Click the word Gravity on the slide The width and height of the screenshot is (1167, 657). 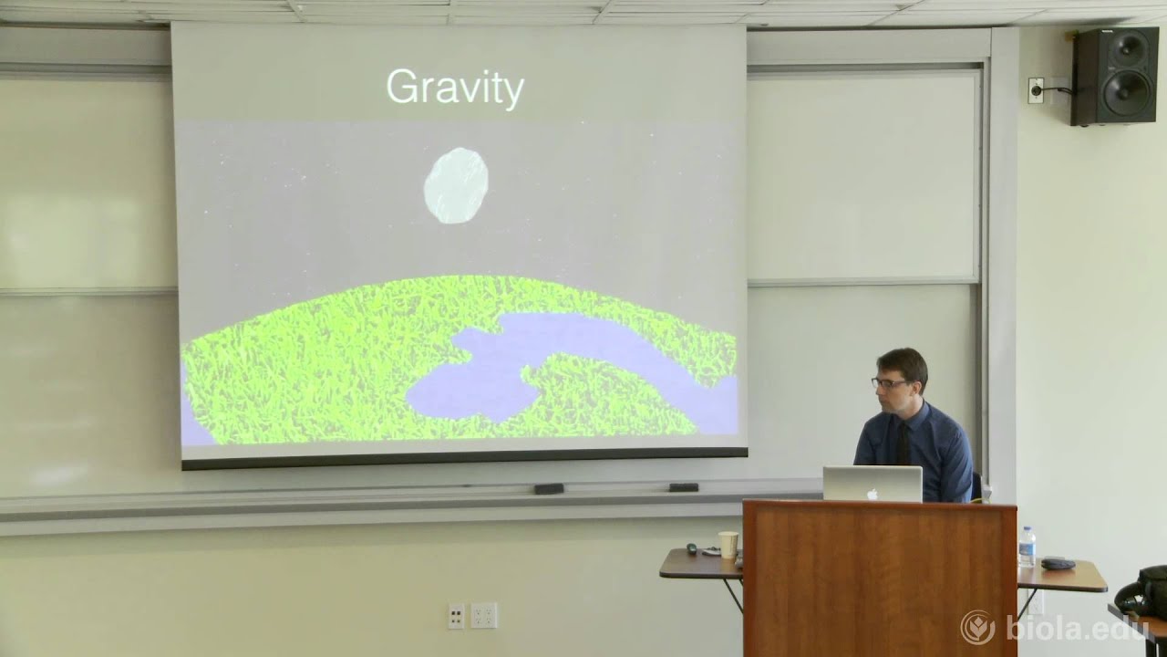(455, 89)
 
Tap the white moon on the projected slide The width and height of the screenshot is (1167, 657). (456, 185)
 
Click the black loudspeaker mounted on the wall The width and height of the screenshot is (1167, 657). (1114, 76)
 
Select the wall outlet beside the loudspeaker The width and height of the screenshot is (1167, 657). (1036, 89)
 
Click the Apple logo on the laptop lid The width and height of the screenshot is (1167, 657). (872, 493)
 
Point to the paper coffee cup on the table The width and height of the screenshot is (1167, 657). (728, 544)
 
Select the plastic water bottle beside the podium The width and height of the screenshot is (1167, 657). (1028, 547)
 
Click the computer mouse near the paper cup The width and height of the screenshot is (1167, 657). (691, 548)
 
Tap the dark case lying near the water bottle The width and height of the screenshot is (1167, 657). (1058, 563)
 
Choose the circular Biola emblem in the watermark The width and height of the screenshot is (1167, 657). (977, 627)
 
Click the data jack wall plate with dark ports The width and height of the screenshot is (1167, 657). (456, 616)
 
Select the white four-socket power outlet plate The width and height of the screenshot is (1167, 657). (483, 615)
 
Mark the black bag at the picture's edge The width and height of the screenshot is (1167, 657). (1144, 591)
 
